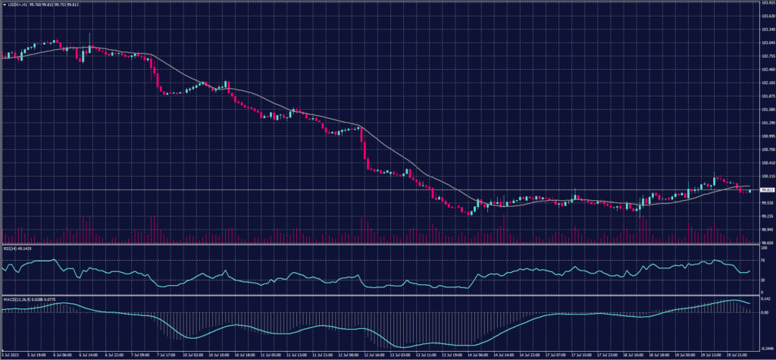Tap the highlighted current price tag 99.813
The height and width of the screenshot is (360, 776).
766,189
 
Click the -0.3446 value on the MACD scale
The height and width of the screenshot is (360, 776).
765,348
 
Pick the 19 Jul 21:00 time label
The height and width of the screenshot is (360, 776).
739,355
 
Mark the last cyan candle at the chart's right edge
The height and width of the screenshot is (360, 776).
750,190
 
